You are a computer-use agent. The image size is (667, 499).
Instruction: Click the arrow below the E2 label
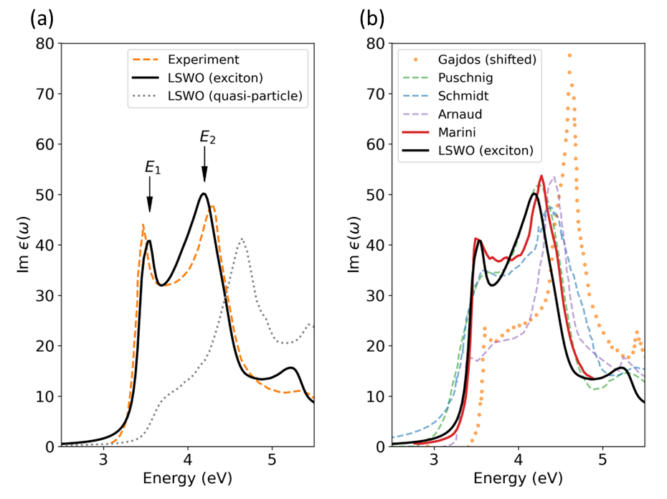[204, 172]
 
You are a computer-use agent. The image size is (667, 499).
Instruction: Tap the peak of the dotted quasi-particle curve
[242, 239]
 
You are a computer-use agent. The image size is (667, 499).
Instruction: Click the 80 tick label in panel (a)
[45, 44]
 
